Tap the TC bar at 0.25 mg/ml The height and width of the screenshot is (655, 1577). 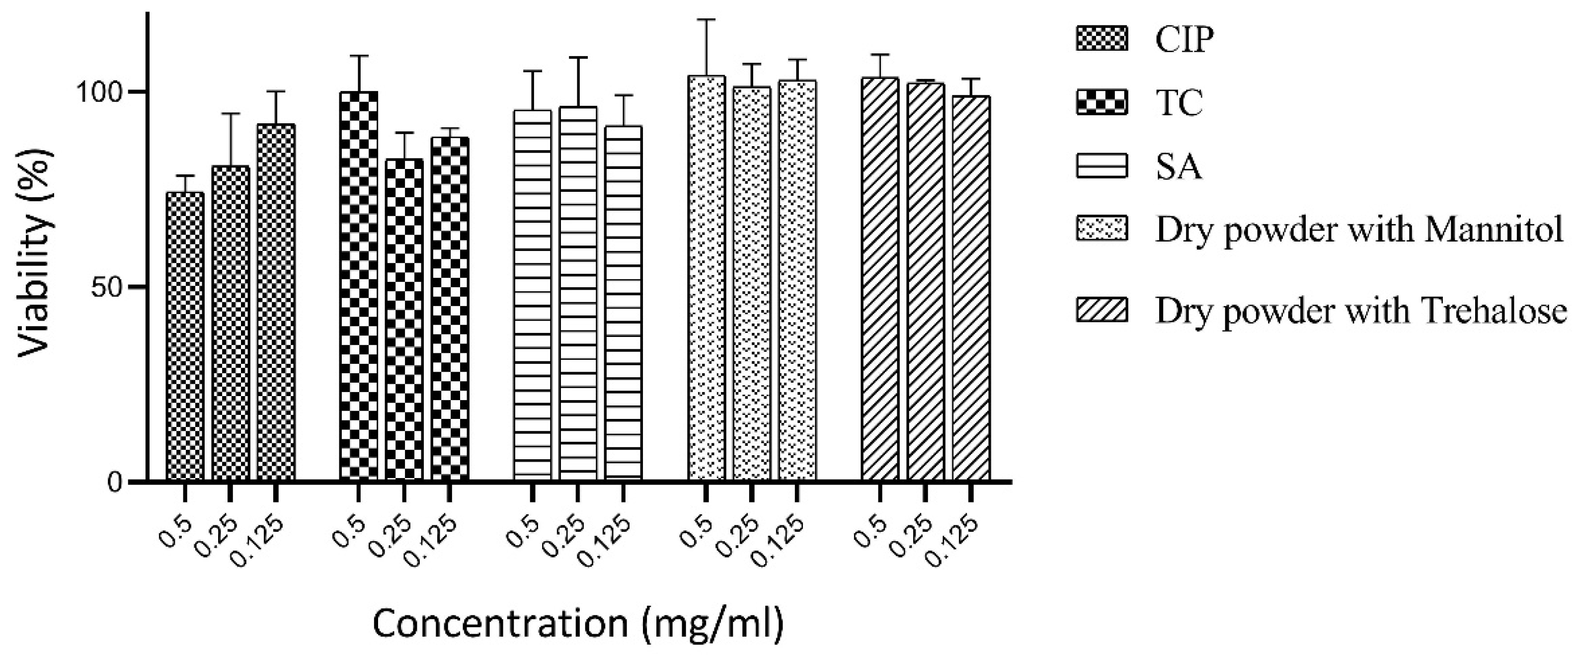coord(404,319)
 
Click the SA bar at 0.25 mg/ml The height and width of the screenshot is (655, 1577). coord(578,293)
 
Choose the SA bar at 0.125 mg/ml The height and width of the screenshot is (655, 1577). coord(623,303)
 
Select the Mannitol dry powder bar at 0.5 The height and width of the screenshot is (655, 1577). coord(707,278)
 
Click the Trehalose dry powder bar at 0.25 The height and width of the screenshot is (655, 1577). coord(926,282)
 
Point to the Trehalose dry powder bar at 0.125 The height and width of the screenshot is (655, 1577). coord(971,288)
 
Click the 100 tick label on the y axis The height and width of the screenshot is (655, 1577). coord(100,92)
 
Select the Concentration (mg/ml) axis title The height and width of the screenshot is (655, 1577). coord(578,624)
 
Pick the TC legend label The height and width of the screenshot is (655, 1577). coord(1179,102)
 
